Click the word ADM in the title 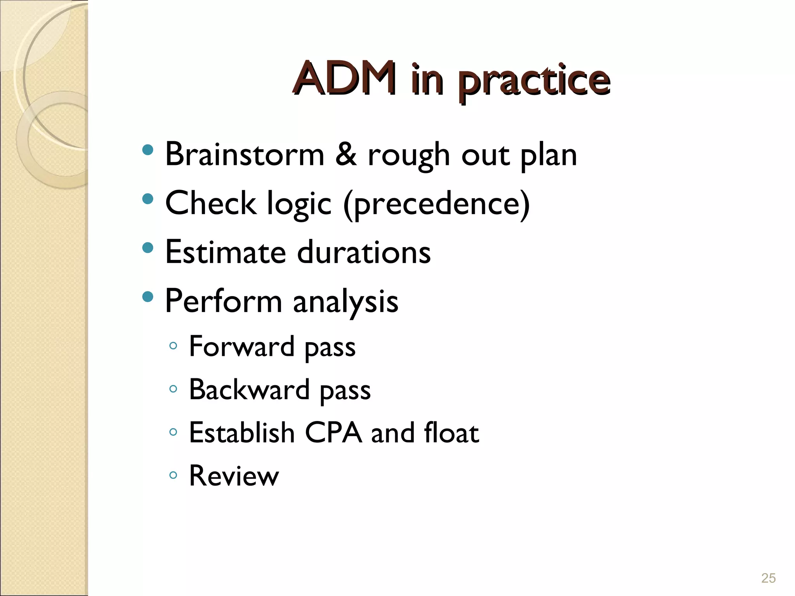(x=345, y=79)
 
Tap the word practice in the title (x=533, y=81)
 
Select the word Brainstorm (x=245, y=154)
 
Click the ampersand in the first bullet (x=345, y=154)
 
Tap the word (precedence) (x=436, y=204)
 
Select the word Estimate (x=226, y=252)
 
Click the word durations (x=364, y=252)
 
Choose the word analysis (x=345, y=302)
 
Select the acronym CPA (x=333, y=432)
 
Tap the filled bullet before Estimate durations (x=148, y=248)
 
